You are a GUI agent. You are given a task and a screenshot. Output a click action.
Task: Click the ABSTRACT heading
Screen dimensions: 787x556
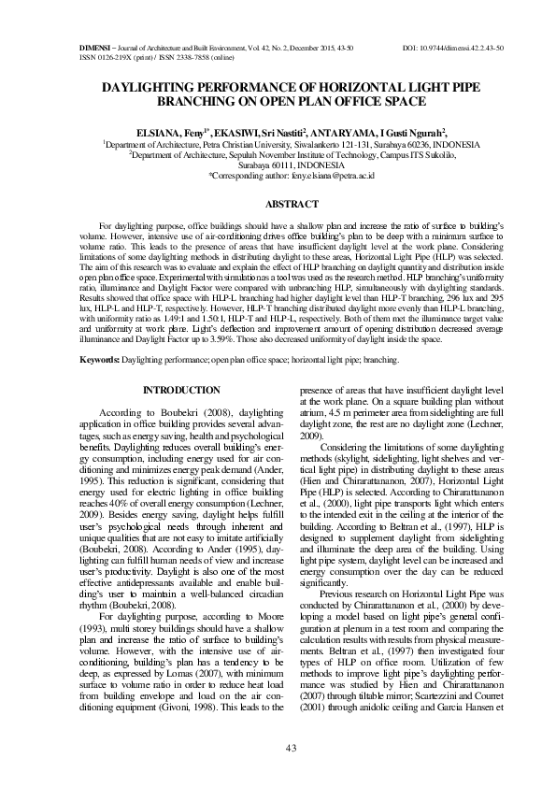pyautogui.click(x=278, y=203)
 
